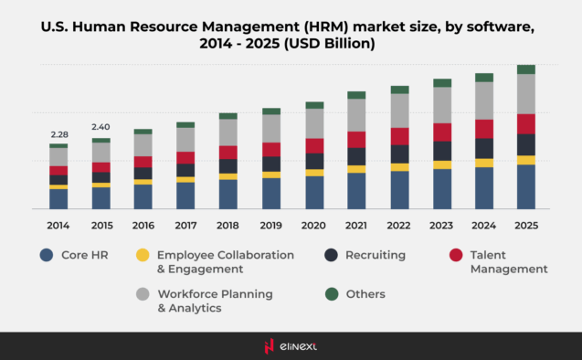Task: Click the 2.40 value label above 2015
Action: (101, 127)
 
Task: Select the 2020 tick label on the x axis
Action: (314, 225)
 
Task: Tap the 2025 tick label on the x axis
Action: (525, 225)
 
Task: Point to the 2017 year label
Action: (185, 225)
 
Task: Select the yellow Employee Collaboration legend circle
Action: (142, 256)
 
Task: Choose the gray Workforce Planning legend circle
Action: (142, 294)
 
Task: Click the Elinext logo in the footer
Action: (291, 345)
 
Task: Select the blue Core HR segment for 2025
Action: (525, 186)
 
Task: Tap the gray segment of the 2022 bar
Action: (399, 111)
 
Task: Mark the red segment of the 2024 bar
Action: (483, 129)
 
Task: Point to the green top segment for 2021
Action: (356, 95)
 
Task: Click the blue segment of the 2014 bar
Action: (58, 198)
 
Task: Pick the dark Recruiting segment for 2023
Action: (441, 151)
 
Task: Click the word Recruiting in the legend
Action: (376, 256)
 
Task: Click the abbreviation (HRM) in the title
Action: (314, 26)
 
